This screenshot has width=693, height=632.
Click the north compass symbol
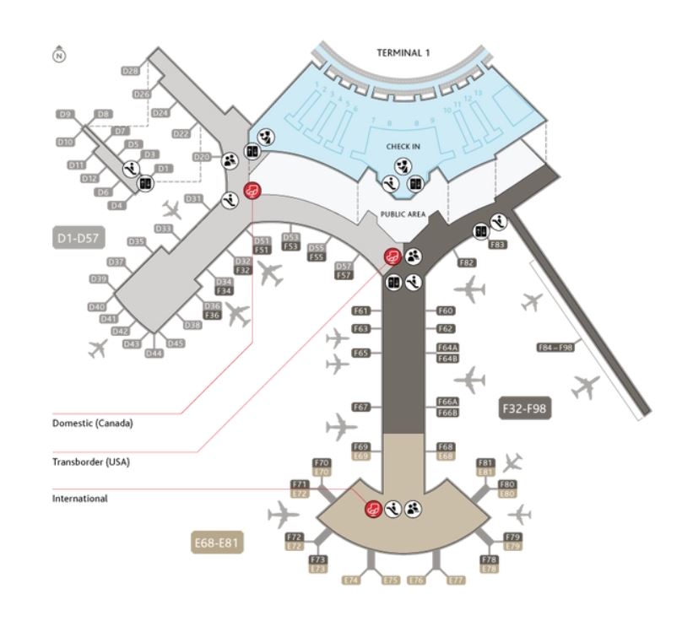pyautogui.click(x=58, y=55)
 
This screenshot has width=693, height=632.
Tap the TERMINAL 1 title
pyautogui.click(x=403, y=52)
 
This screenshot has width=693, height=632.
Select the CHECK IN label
pyautogui.click(x=403, y=147)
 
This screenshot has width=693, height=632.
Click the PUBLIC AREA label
pyautogui.click(x=402, y=214)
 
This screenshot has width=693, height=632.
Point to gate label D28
pyautogui.click(x=131, y=72)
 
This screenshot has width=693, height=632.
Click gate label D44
pyautogui.click(x=154, y=354)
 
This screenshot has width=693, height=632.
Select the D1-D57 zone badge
pyautogui.click(x=80, y=239)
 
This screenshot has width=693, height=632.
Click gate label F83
pyautogui.click(x=498, y=245)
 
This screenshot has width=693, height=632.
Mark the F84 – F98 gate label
pyautogui.click(x=555, y=347)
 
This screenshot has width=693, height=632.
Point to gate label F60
pyautogui.click(x=447, y=311)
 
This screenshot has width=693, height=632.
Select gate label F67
pyautogui.click(x=361, y=407)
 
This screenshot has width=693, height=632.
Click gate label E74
pyautogui.click(x=351, y=581)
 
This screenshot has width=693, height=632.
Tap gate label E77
pyautogui.click(x=456, y=581)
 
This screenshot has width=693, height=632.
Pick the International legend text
pyautogui.click(x=80, y=499)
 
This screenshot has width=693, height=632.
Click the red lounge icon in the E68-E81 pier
pyautogui.click(x=371, y=509)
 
